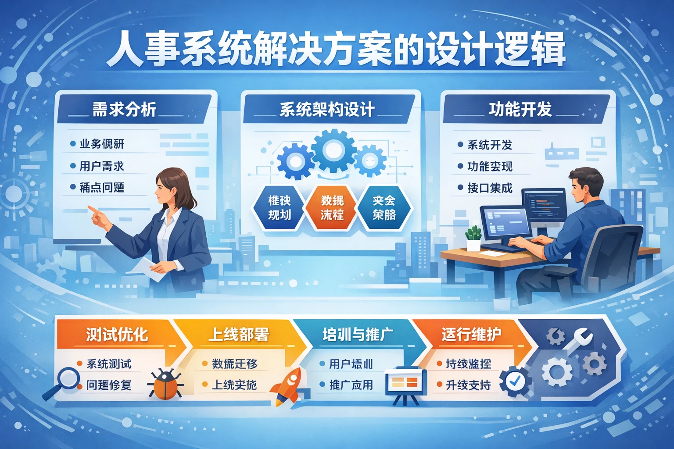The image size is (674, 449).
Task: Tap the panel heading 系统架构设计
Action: (x=327, y=110)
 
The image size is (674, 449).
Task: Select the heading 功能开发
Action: (x=520, y=109)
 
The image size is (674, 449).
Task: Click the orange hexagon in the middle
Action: (x=332, y=207)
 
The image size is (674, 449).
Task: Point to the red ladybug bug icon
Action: (x=165, y=384)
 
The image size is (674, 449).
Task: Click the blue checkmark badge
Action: (x=515, y=381)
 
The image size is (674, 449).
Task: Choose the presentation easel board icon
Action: (x=405, y=384)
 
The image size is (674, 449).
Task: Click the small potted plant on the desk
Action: (x=473, y=238)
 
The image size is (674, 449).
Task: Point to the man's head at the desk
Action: (x=585, y=184)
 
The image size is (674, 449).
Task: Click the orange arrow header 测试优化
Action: (x=117, y=335)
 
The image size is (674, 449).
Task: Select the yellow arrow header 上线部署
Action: (x=238, y=335)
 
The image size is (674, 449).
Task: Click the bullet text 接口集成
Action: (x=490, y=188)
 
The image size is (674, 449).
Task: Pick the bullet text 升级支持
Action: (x=468, y=385)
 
